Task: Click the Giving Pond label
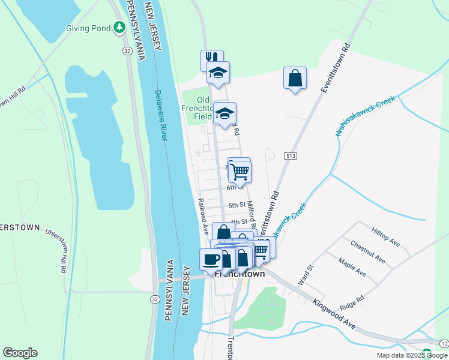tap(89, 28)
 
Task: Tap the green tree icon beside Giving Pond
tap(120, 27)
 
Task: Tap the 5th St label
tap(238, 205)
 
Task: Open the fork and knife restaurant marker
tap(211, 58)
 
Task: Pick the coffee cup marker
tap(211, 259)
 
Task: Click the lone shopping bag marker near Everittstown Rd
tap(295, 78)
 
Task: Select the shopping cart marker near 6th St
tap(240, 171)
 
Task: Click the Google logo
tap(20, 353)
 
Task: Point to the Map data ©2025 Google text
tap(412, 355)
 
